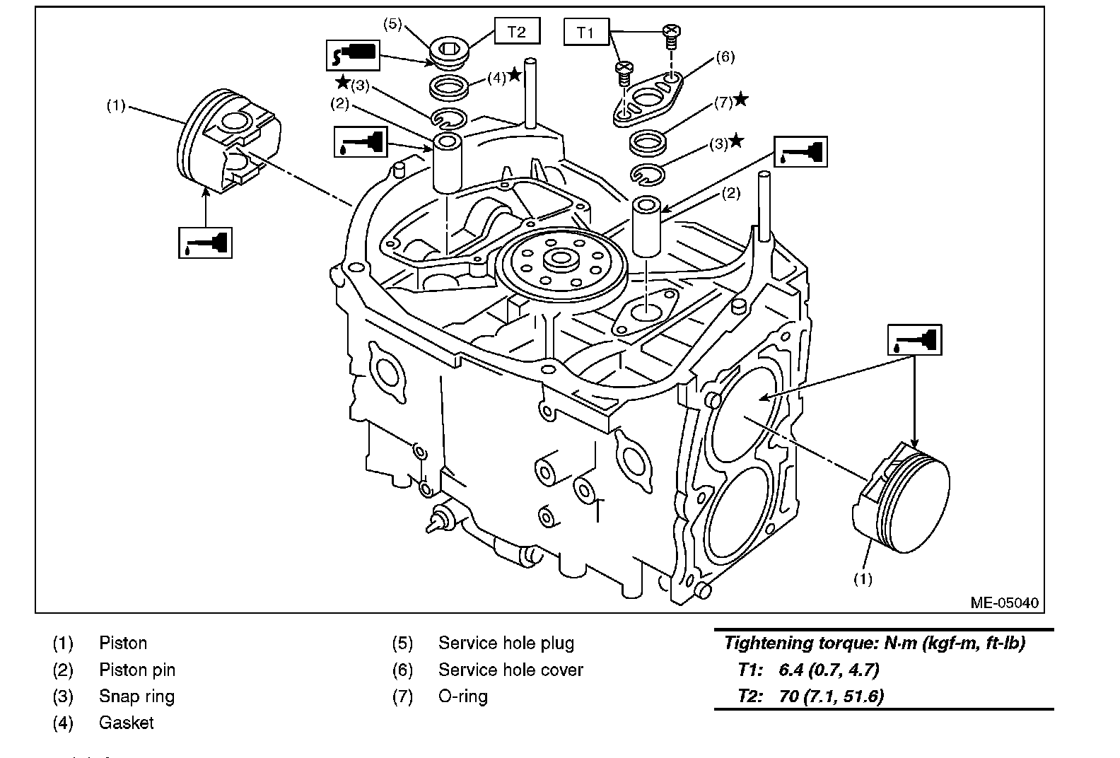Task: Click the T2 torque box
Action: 517,32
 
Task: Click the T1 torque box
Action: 585,33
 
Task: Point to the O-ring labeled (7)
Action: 648,144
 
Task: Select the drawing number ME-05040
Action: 1004,603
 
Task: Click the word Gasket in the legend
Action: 126,723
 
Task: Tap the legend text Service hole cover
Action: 511,670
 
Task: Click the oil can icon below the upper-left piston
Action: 205,243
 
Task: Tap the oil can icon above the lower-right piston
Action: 915,340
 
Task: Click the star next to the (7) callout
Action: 740,100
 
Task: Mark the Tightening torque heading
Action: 875,643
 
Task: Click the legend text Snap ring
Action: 136,696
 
